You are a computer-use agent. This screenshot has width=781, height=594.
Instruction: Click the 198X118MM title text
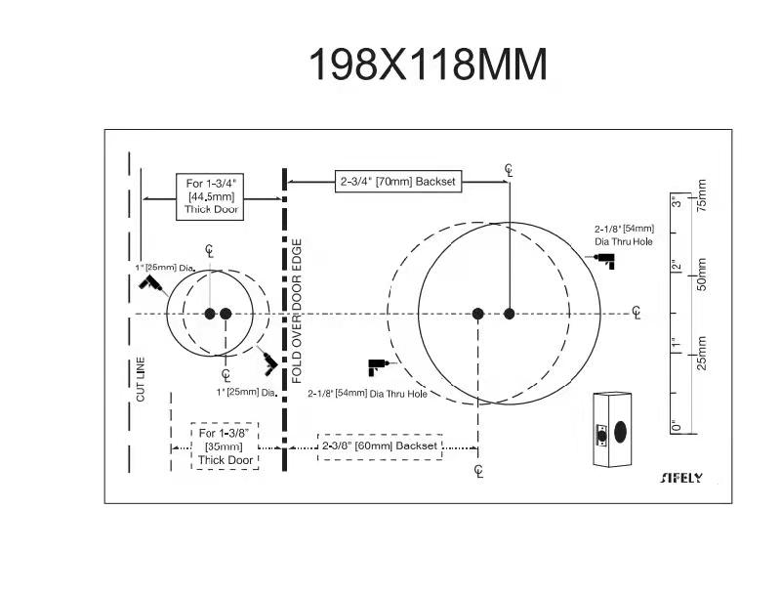click(x=429, y=64)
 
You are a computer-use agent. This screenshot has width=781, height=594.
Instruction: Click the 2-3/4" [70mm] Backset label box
click(x=398, y=182)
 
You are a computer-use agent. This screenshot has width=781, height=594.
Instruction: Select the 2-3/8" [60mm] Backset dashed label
click(x=380, y=446)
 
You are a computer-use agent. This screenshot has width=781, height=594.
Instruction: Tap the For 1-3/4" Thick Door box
click(x=210, y=196)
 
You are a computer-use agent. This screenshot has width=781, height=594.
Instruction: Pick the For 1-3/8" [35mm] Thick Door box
click(x=226, y=446)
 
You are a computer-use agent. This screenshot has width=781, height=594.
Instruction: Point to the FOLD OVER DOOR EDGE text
click(x=297, y=311)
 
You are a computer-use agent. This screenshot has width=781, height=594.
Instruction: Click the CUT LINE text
click(x=141, y=379)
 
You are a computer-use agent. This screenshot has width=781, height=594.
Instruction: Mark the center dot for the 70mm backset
click(x=509, y=314)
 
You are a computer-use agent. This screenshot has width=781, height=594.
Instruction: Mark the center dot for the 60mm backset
click(x=477, y=314)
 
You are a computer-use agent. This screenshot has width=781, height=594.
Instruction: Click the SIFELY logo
click(x=681, y=478)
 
